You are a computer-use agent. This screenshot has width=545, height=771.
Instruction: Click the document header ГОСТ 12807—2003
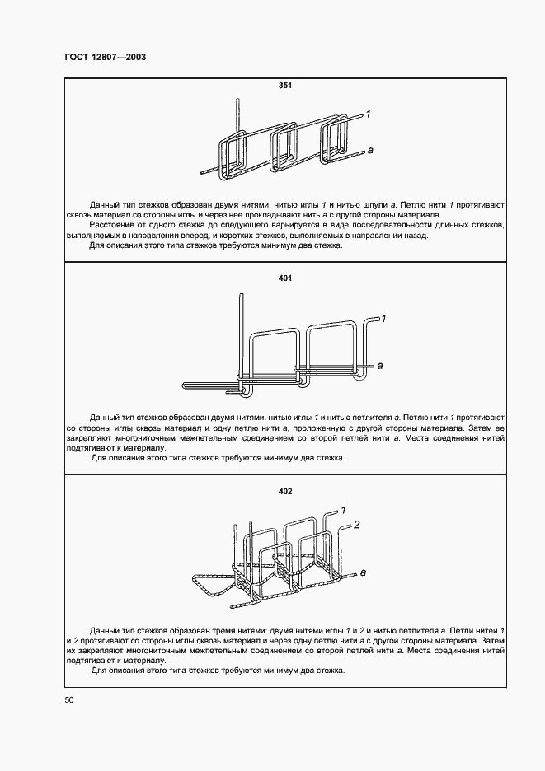pyautogui.click(x=105, y=58)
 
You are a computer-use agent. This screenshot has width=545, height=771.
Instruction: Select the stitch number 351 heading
pyautogui.click(x=285, y=85)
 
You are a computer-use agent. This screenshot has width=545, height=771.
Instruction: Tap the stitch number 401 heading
pyautogui.click(x=285, y=278)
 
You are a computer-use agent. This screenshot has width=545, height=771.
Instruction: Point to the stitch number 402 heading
pyautogui.click(x=285, y=492)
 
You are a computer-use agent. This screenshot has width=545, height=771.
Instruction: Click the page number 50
pyautogui.click(x=68, y=700)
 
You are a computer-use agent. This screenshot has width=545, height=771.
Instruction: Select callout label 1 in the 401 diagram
pyautogui.click(x=384, y=317)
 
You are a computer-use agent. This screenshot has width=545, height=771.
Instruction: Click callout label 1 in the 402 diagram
pyautogui.click(x=342, y=510)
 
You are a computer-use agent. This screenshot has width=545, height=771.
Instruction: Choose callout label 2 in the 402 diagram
pyautogui.click(x=356, y=524)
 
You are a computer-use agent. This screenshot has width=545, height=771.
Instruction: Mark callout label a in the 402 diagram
pyautogui.click(x=363, y=571)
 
